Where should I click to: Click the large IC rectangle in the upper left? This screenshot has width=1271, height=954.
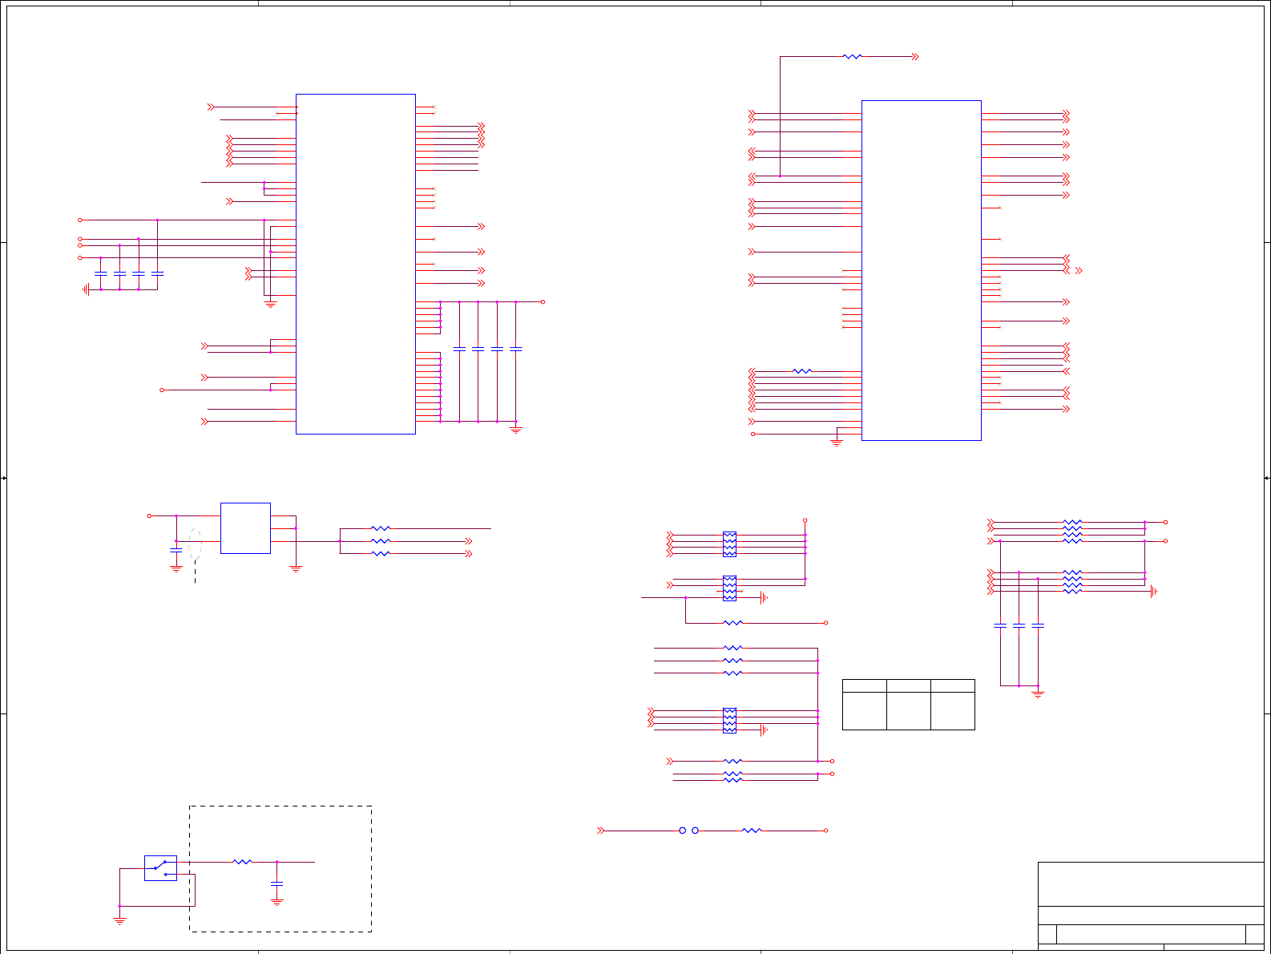point(356,264)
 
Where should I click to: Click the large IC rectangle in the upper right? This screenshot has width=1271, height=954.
point(921,270)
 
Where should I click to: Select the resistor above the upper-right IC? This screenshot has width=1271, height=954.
point(852,57)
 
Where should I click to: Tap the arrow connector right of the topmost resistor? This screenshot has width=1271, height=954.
point(915,57)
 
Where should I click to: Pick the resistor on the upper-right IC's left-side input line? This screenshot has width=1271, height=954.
point(801,371)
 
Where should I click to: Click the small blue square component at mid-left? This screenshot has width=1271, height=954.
point(245,528)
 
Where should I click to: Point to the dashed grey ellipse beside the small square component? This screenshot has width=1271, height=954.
point(195,544)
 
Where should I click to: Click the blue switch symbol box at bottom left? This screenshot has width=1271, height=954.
point(160,868)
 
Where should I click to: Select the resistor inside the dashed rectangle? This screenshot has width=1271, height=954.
point(242,862)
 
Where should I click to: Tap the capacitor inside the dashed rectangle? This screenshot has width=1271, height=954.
point(276,883)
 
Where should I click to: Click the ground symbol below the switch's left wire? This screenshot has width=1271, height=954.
point(119,920)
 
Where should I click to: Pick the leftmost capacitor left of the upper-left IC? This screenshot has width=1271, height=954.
point(100,274)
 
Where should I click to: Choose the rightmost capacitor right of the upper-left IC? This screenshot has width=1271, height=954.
point(516,349)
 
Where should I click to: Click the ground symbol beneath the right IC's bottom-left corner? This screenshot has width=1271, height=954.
point(837,443)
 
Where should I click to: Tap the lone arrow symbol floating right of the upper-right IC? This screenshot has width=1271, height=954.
point(1079,271)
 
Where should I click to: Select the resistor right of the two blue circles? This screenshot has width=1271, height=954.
point(751,831)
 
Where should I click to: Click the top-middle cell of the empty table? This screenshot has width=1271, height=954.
point(908,686)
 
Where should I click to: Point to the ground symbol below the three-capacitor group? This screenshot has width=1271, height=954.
point(1038,694)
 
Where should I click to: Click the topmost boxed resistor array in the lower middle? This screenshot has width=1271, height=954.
point(729,544)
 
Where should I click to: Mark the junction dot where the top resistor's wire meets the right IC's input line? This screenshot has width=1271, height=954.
point(781,176)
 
